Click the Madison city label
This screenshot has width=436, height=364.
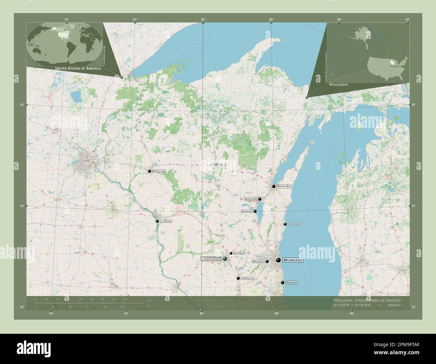pos(211,259)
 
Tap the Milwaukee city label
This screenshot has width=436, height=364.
pos(293,260)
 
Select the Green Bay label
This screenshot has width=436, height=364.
pos(284,186)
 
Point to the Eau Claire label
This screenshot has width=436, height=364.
pos(159,171)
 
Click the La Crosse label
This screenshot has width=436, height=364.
pos(166,221)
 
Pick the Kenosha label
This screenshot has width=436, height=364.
pos(291,283)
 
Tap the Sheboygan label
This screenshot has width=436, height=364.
pos(294,224)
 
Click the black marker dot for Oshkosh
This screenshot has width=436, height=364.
pos(255,211)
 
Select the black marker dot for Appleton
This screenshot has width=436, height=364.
pos(260,199)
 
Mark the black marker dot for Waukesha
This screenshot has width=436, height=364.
pos(267,261)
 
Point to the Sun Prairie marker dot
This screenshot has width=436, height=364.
pos(231,253)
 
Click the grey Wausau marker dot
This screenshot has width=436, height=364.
pos(216,165)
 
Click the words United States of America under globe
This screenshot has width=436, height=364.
pos(78,69)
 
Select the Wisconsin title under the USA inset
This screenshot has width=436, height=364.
pos(338,85)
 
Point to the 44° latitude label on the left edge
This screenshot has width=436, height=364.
pos(21,206)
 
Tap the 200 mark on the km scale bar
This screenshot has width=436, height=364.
pos(125,299)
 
